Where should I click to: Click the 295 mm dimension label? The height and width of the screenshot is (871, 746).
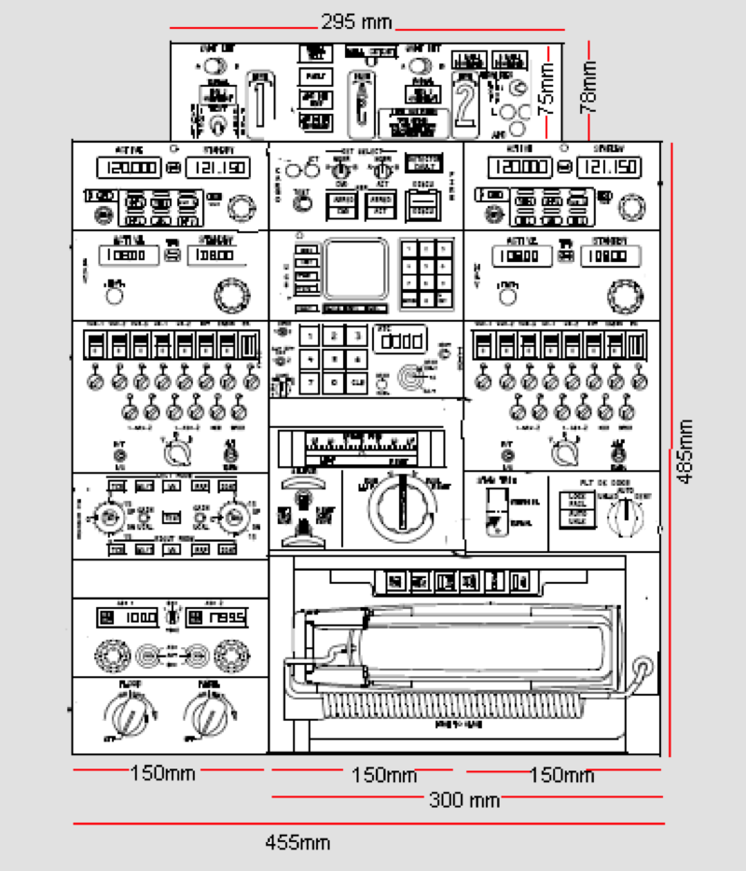click(x=356, y=21)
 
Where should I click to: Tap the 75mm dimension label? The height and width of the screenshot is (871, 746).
click(x=548, y=86)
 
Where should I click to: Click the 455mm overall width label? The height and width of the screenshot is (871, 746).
click(x=297, y=843)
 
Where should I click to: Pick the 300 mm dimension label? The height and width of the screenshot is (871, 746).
click(x=464, y=799)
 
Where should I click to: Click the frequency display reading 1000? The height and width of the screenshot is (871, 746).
click(x=128, y=618)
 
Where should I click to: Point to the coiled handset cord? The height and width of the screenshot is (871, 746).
click(x=448, y=707)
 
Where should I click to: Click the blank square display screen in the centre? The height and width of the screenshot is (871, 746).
click(x=355, y=269)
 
